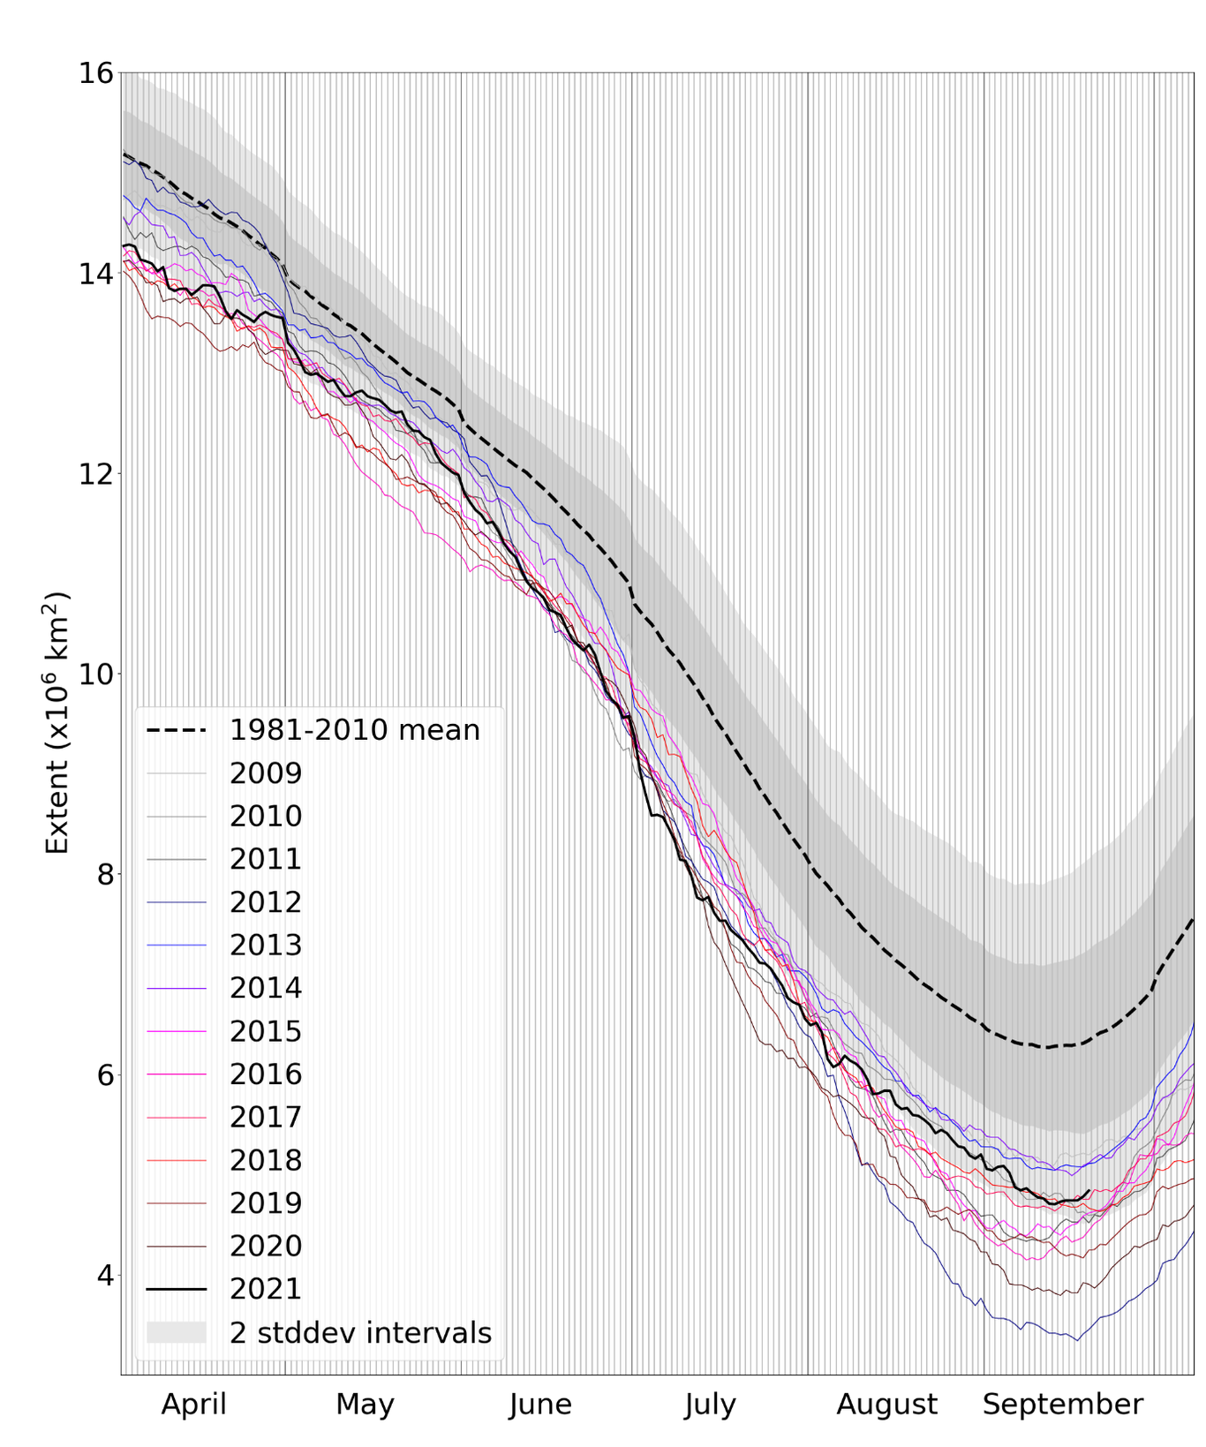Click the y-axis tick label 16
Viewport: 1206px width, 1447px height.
(96, 73)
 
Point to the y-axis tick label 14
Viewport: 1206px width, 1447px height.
(96, 274)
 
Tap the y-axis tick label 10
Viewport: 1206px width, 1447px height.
(96, 674)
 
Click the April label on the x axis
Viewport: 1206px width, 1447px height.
(193, 1404)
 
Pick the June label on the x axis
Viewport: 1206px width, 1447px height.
(539, 1404)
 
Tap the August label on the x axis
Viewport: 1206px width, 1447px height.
(886, 1404)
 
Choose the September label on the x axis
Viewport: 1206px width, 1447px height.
(1062, 1404)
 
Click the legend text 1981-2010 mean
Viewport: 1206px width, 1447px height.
(354, 730)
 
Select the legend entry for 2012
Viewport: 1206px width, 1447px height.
(266, 902)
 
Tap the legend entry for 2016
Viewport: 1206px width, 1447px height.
(266, 1074)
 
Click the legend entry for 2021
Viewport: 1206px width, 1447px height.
(266, 1289)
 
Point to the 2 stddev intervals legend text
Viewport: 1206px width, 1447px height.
(360, 1332)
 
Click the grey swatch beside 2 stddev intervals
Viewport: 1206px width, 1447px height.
(176, 1332)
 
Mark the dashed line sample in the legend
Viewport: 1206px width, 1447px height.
(176, 730)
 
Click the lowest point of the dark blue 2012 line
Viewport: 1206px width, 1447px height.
(1076, 1340)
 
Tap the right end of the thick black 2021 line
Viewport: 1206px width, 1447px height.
(1089, 1190)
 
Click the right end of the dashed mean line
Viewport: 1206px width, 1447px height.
(1193, 920)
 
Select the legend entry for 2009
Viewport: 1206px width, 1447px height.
(266, 773)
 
